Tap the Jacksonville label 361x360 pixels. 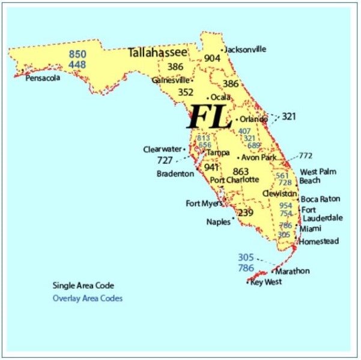tap(245, 49)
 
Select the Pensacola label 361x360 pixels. tap(42, 78)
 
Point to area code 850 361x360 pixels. tap(77, 54)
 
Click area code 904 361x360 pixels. tap(212, 58)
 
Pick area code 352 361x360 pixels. tap(186, 92)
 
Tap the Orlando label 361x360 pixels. tap(255, 119)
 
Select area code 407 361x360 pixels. tap(244, 131)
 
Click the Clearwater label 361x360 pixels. tap(162, 149)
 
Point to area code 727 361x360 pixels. tap(165, 160)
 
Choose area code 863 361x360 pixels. tap(240, 172)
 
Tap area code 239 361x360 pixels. tap(246, 213)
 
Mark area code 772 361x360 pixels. tap(306, 156)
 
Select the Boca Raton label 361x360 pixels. tap(320, 199)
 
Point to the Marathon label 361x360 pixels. tap(293, 271)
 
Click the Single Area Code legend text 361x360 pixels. tap(83, 286)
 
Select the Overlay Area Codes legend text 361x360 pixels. tap(88, 298)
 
